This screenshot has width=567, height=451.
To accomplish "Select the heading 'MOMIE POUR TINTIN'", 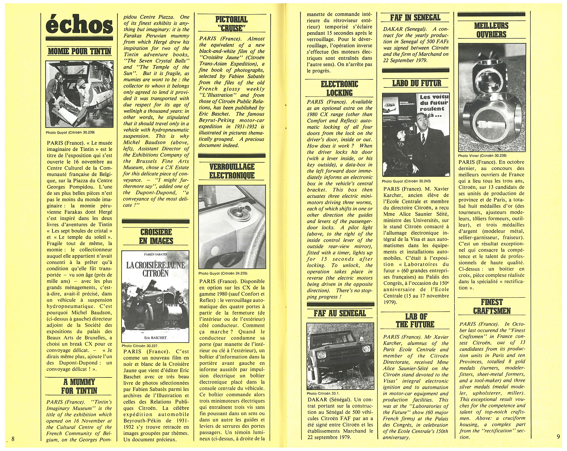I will click(79, 51).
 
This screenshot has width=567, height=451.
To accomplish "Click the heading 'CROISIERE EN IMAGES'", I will click(156, 236).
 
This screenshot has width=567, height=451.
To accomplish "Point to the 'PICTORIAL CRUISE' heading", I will click(231, 24).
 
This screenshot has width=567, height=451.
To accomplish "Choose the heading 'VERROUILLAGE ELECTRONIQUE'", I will click(232, 171).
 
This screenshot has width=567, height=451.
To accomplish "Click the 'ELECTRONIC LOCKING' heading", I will click(339, 88).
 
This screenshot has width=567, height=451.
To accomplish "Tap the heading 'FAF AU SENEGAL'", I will click(340, 313).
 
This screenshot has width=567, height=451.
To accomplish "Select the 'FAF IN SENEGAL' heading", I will click(415, 18).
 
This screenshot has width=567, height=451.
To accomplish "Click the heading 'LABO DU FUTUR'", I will click(416, 83).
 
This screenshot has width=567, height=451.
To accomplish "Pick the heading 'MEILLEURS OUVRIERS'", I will click(491, 30).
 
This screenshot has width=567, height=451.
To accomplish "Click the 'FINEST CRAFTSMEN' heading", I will click(492, 306).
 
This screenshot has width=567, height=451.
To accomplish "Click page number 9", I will click(558, 437).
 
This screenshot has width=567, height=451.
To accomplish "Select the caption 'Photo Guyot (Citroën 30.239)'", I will click(70, 132).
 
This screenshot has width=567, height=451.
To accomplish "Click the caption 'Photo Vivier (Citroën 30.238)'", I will click(482, 156).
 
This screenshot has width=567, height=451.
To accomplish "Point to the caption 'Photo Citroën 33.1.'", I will click(323, 394).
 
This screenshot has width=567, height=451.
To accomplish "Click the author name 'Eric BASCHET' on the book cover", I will click(155, 338).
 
